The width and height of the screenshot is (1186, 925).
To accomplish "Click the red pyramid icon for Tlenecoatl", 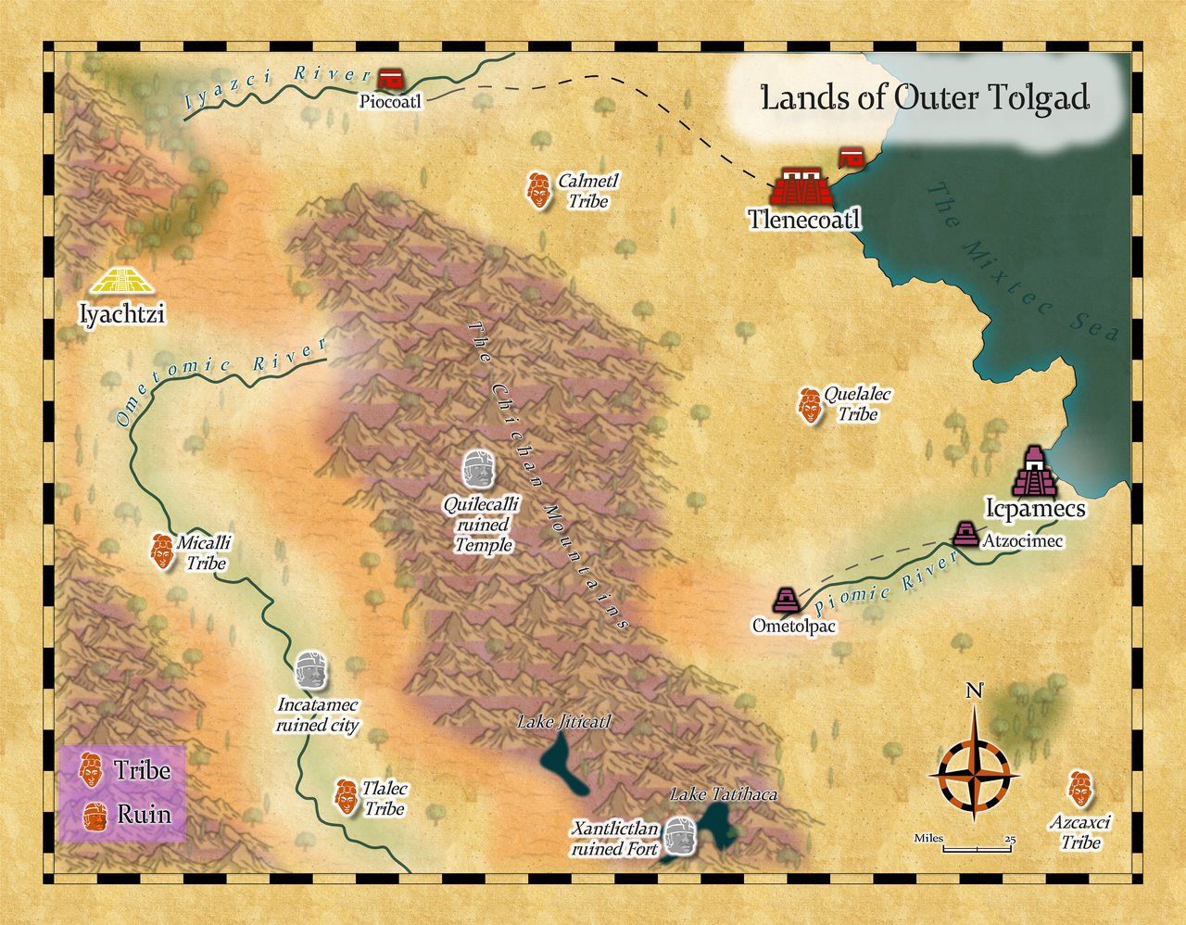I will [x=801, y=187].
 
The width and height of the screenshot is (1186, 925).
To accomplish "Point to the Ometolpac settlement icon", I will [x=787, y=601].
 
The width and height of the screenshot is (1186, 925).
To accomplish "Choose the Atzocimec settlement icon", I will [x=965, y=534].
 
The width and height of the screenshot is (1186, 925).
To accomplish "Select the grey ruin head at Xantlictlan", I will [x=680, y=837].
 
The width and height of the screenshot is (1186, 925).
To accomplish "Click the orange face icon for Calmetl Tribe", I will [x=536, y=190].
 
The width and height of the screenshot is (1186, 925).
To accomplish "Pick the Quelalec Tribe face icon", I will [x=810, y=405].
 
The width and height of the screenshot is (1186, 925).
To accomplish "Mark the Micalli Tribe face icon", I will [x=162, y=551].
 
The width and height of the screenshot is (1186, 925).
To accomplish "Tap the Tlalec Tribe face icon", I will [x=346, y=797].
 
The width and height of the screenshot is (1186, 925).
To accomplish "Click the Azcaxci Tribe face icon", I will [x=1078, y=789].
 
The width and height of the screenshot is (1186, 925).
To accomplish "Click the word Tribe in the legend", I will [x=142, y=770].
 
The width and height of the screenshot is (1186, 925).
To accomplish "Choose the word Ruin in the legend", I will [x=144, y=815].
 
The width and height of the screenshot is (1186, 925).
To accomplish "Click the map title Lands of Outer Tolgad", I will [x=924, y=97].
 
